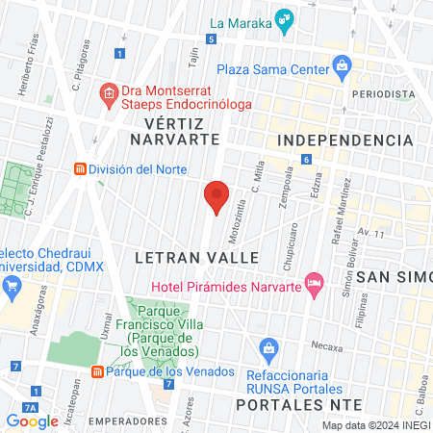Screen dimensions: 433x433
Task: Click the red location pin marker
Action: [216, 197]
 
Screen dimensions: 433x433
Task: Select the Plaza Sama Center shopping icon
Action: [342, 65]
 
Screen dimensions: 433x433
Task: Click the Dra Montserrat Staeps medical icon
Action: [110, 93]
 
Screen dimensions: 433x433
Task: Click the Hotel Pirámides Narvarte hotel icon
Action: [313, 282]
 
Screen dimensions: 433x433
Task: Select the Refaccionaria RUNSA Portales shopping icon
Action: [270, 347]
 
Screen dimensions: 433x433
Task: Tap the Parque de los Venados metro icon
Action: [96, 371]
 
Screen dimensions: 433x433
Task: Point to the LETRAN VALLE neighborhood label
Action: [196, 258]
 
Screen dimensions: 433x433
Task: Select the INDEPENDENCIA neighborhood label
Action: [344, 140]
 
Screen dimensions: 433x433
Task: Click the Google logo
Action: [32, 420]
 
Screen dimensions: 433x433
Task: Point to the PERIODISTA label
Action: [383, 94]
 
